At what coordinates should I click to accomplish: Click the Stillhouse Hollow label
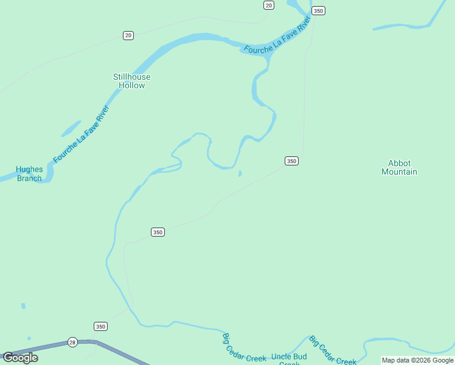(x=131, y=81)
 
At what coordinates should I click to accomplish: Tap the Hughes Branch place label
(x=29, y=174)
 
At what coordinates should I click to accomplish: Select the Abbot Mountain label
(x=399, y=167)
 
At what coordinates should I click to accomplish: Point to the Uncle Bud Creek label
(x=289, y=359)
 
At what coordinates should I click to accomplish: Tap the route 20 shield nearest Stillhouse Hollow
(x=128, y=35)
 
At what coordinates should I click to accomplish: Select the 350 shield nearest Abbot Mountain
(x=291, y=161)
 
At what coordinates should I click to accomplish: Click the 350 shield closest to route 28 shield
(x=101, y=326)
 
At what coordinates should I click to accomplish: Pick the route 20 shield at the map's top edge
(x=269, y=5)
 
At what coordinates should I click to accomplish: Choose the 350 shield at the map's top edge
(x=318, y=10)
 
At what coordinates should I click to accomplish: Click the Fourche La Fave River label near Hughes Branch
(x=81, y=134)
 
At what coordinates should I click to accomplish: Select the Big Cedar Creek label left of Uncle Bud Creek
(x=244, y=347)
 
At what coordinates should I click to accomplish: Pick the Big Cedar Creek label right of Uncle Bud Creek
(x=332, y=351)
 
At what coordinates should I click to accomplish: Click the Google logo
(x=20, y=358)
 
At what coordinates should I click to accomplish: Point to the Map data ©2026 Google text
(x=417, y=360)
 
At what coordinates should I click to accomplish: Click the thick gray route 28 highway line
(x=122, y=352)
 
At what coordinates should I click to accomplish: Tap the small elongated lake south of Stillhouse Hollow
(x=71, y=128)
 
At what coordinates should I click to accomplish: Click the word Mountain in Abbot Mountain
(x=399, y=172)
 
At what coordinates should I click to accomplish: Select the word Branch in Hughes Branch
(x=29, y=178)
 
